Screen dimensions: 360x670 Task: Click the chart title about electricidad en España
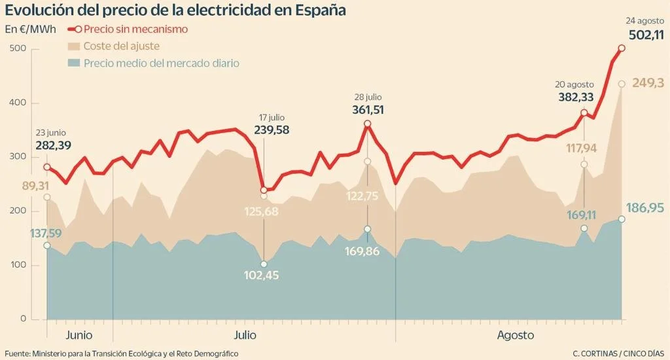click(x=176, y=11)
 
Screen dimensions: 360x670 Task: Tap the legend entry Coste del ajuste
click(x=122, y=46)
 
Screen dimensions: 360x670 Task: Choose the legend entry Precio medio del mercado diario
click(x=162, y=63)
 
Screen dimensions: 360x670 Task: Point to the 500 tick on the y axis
click(x=18, y=49)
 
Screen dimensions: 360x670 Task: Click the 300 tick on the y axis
click(x=18, y=157)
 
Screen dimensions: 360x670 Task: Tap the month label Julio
click(x=245, y=335)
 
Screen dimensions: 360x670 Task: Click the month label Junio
click(x=79, y=335)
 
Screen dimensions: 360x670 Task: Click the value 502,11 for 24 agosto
click(x=645, y=35)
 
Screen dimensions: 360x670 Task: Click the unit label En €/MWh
click(x=30, y=29)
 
